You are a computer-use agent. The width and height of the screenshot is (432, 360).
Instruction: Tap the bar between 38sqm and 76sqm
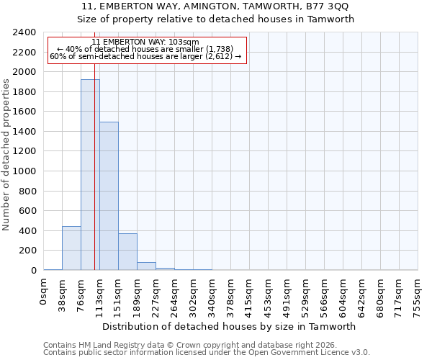(71, 248)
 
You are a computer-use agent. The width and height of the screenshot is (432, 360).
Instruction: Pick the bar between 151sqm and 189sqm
(127, 252)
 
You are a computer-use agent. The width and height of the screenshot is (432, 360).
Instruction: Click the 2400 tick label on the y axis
(24, 32)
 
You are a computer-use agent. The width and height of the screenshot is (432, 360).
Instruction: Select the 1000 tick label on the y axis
(24, 171)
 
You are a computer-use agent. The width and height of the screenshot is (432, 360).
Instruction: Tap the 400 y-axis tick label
(27, 231)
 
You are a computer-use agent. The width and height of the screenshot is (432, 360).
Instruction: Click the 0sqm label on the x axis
(43, 290)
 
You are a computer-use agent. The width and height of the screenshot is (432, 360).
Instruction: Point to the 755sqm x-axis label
(418, 293)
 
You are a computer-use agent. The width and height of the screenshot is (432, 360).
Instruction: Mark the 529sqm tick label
(305, 293)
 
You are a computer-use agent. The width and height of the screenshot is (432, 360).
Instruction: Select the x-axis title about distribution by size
(230, 326)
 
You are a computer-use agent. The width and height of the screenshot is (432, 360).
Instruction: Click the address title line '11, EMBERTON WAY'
(216, 6)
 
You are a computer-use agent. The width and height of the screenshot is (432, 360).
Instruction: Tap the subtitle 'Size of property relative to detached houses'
(216, 19)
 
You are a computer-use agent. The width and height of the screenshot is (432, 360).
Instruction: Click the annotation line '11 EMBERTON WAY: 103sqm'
(145, 42)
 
